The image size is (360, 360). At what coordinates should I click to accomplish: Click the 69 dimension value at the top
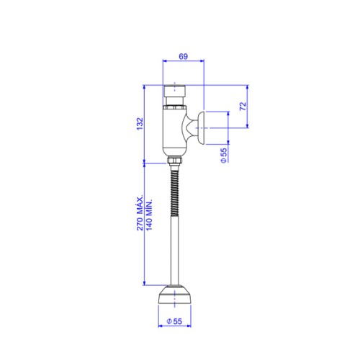[183, 56]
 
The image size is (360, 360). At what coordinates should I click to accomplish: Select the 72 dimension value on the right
[243, 106]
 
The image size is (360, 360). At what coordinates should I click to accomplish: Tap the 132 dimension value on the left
[140, 124]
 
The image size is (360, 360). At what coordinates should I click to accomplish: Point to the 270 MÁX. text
[140, 212]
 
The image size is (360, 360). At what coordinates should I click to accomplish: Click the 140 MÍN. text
[149, 215]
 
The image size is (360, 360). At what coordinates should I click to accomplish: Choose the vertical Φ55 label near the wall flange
[223, 156]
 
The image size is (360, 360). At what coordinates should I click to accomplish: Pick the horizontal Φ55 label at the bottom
[174, 321]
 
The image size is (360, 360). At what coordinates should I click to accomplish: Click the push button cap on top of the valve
[174, 91]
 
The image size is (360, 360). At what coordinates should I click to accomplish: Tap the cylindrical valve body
[174, 132]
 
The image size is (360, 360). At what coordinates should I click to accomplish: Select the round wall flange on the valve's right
[201, 128]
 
